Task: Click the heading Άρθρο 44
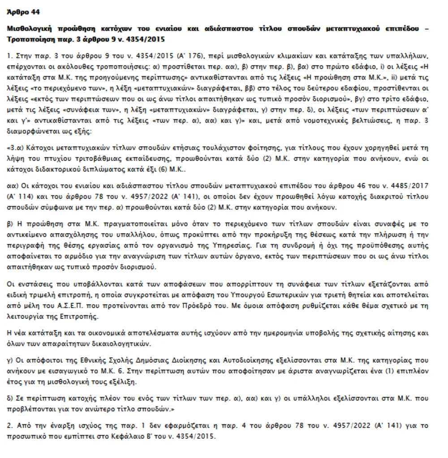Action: (23, 12)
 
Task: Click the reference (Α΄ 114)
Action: (18, 197)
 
